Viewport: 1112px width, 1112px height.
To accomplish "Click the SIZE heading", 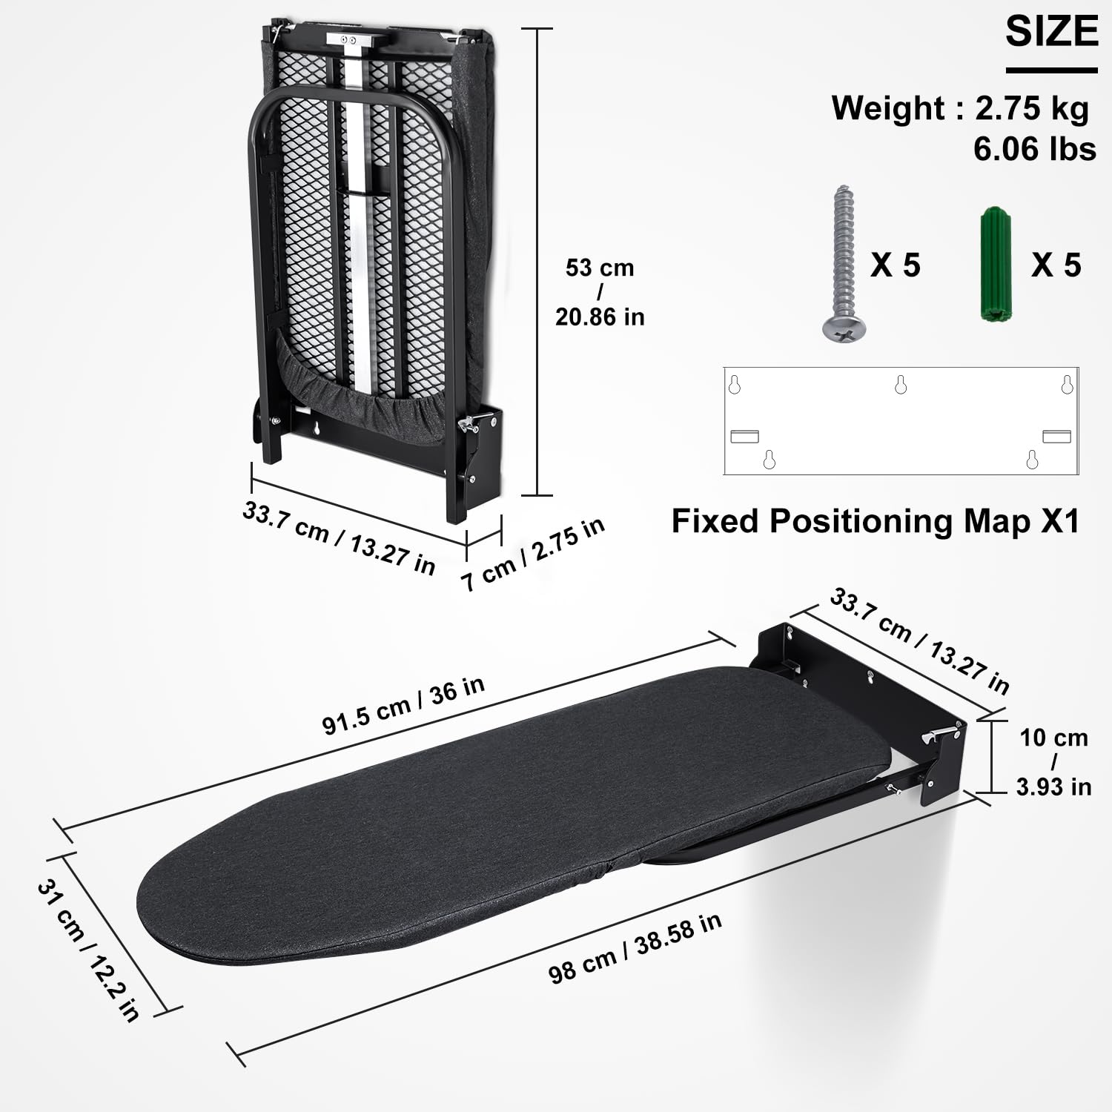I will click(x=1051, y=32).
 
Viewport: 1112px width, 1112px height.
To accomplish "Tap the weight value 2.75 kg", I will click(x=1031, y=108).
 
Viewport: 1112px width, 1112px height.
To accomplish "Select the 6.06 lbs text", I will click(x=1034, y=149).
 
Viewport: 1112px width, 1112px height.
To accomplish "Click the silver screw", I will click(x=844, y=264).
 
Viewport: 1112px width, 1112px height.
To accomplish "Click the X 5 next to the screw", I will click(x=895, y=265).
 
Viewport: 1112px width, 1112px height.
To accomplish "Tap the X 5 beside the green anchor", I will click(x=1056, y=265).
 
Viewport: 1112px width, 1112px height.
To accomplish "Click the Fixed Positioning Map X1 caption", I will click(x=875, y=521).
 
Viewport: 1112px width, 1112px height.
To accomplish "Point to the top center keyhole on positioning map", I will click(x=901, y=384).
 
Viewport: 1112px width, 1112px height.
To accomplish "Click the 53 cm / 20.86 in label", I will click(x=600, y=292).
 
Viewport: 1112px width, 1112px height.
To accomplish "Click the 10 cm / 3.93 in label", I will click(x=1053, y=761).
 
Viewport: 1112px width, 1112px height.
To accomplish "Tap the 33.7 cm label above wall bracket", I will click(x=919, y=641).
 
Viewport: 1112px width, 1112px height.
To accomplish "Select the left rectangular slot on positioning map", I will click(x=744, y=436).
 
